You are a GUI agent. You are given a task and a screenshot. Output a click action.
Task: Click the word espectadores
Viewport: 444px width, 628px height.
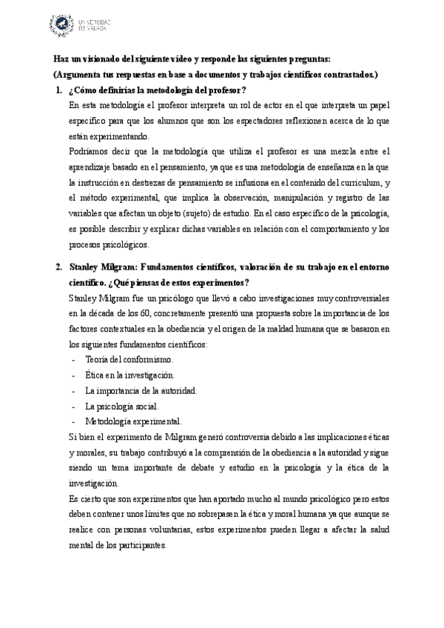click(269, 121)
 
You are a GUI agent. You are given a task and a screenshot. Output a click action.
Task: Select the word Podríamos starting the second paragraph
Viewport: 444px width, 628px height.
click(87, 153)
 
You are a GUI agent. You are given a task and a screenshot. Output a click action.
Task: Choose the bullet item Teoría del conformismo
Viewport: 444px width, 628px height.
click(129, 359)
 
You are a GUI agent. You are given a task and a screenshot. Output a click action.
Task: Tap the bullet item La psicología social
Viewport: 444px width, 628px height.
click(122, 407)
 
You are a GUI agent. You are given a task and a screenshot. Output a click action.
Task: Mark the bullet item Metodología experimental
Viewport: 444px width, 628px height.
click(133, 422)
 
